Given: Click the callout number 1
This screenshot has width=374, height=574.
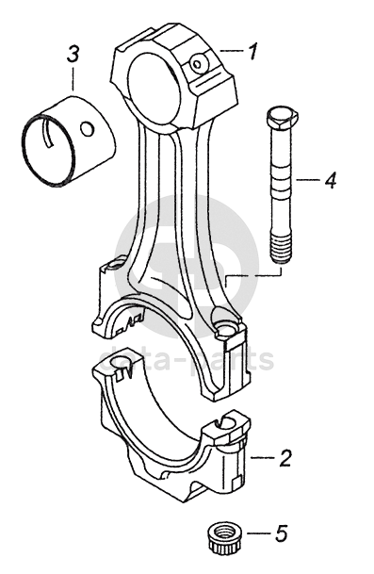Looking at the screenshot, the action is pyautogui.click(x=252, y=51).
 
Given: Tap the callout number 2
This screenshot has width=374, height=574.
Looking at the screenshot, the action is pyautogui.click(x=285, y=457).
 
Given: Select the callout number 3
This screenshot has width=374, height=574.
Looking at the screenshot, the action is pyautogui.click(x=73, y=54).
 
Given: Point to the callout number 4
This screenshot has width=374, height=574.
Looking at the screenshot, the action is pyautogui.click(x=330, y=180).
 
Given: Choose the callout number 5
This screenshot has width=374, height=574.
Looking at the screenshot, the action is pyautogui.click(x=281, y=533).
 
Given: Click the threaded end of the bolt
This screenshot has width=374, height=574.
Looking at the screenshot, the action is pyautogui.click(x=281, y=249).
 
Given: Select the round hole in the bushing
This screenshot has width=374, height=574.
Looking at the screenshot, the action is pyautogui.click(x=88, y=129).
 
